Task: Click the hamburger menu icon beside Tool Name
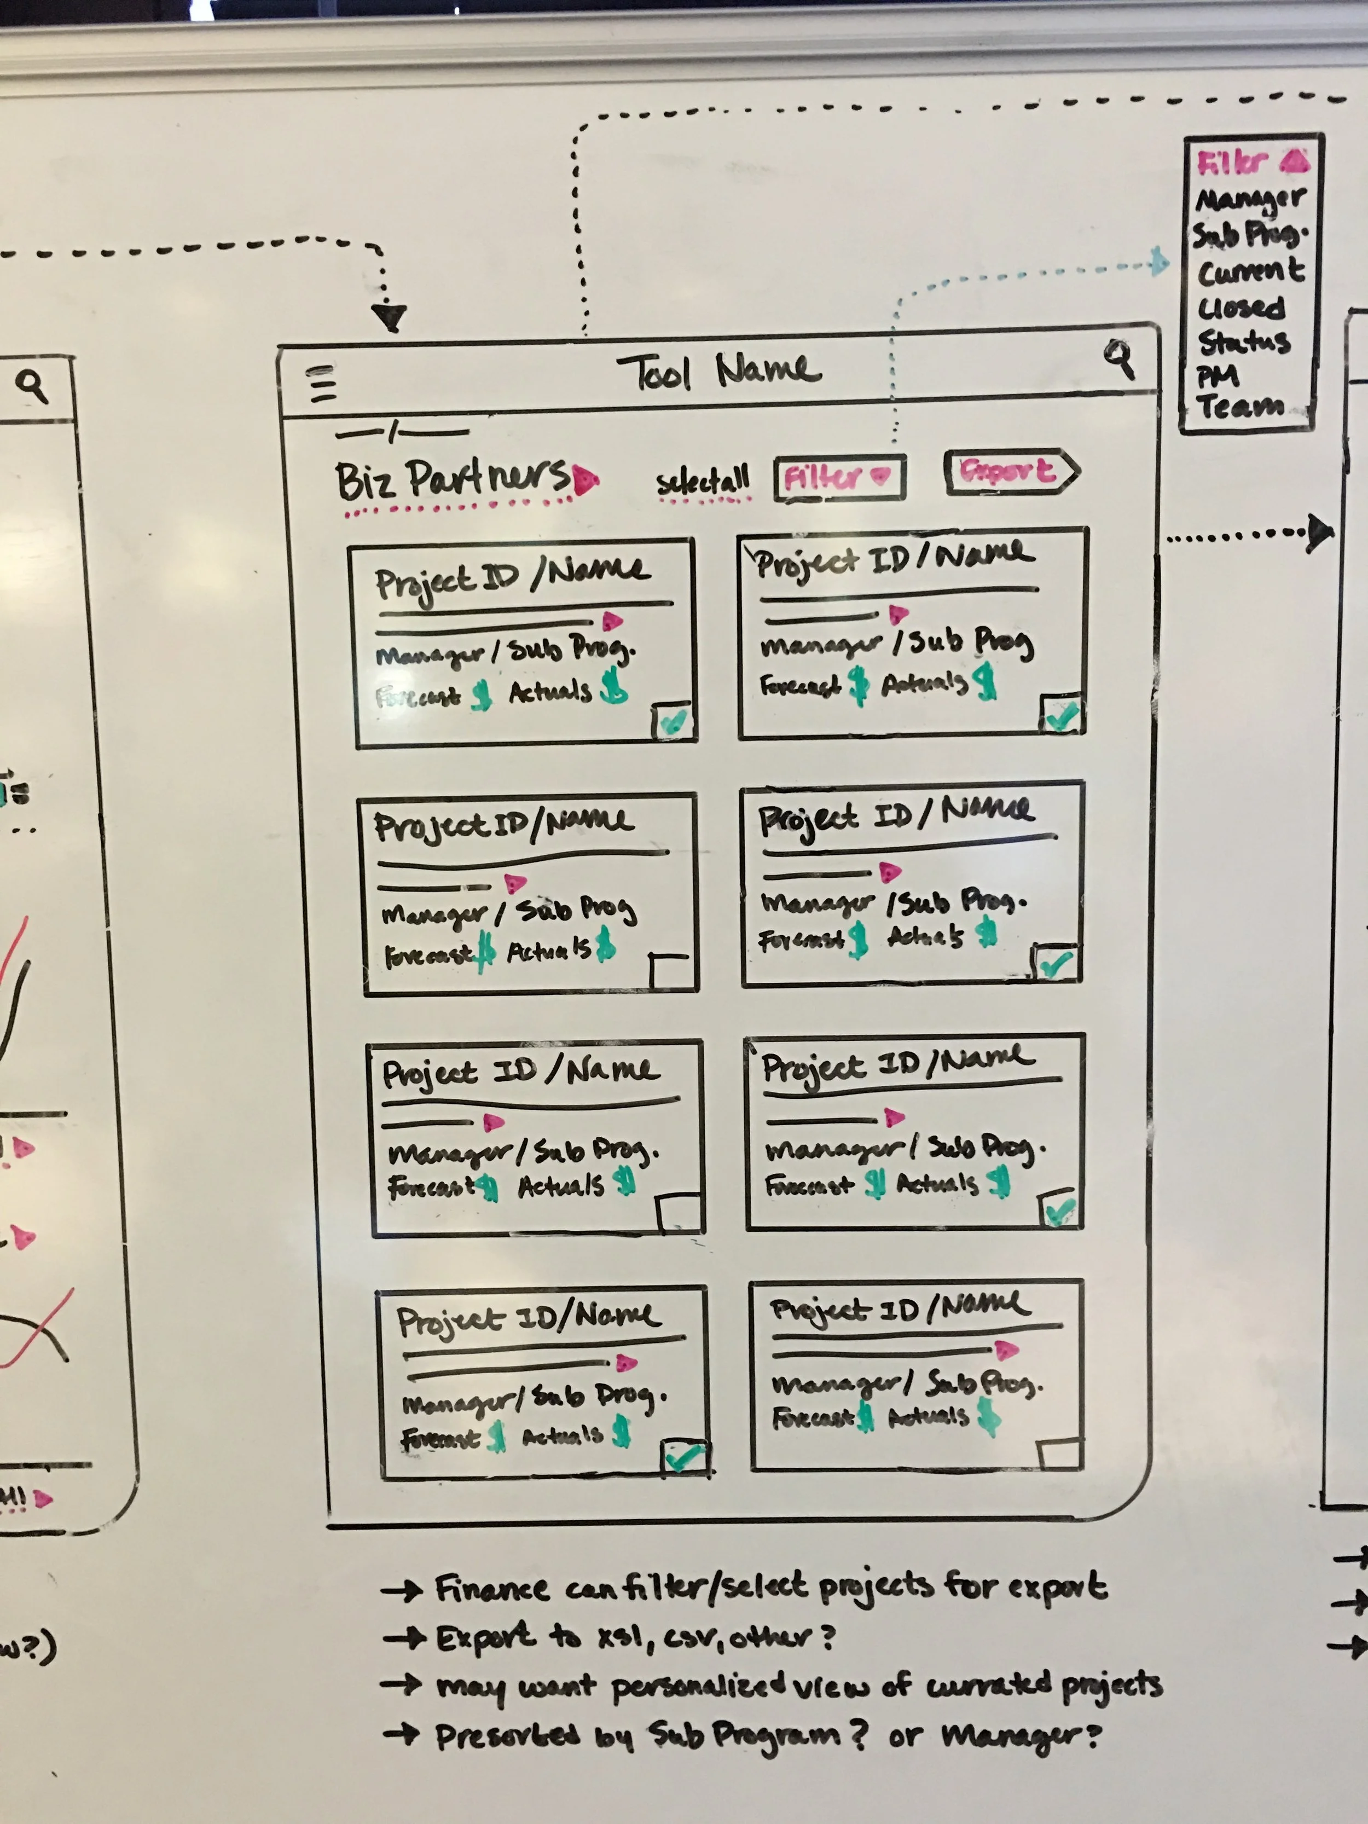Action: [x=322, y=384]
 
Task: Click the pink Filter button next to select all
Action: [x=839, y=477]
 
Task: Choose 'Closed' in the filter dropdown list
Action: [x=1241, y=308]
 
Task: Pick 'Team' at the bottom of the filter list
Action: [x=1239, y=406]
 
